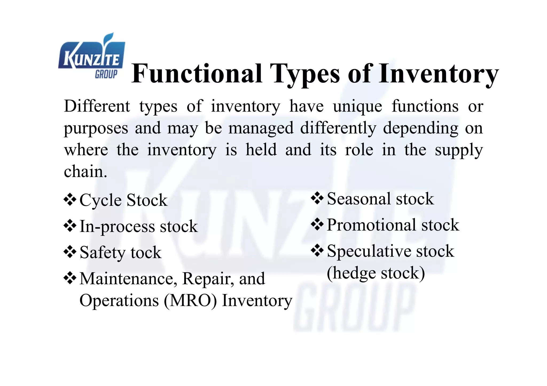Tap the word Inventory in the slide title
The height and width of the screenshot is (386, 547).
439,74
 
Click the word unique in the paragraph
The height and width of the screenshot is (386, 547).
357,107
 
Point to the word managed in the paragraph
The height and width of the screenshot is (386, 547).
261,128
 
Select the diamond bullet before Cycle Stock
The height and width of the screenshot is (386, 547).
70,200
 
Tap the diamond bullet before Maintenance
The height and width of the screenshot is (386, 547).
70,278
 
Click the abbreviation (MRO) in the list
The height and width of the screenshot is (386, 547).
190,301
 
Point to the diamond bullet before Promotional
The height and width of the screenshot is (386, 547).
317,224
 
